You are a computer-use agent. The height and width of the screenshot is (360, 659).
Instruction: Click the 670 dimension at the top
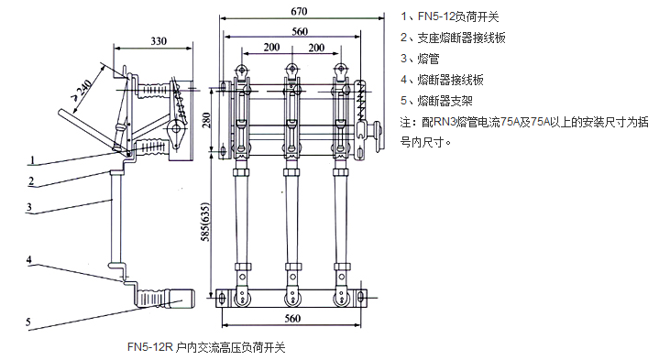[x=299, y=11]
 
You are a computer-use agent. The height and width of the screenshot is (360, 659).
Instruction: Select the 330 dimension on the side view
[x=159, y=41]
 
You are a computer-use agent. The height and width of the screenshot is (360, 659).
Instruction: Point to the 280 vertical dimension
[x=206, y=120]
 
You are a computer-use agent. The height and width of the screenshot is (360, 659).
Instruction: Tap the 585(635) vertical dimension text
[x=205, y=223]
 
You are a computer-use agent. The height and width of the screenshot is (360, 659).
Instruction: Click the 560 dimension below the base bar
[x=292, y=318]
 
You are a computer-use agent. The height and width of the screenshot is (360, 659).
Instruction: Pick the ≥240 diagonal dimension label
[x=82, y=91]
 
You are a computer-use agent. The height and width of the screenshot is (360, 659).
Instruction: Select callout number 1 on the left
[x=32, y=160]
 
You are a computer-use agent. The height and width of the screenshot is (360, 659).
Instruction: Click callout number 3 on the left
[x=29, y=207]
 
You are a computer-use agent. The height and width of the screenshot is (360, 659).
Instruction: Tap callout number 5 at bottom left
[x=28, y=322]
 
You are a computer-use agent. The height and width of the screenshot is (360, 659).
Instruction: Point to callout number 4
[x=29, y=259]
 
